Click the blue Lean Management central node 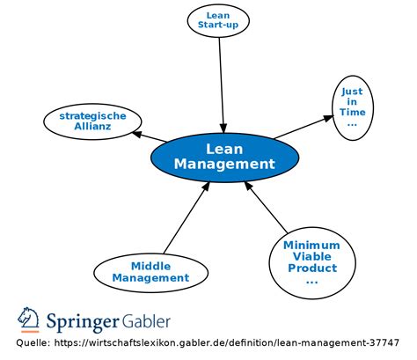223,157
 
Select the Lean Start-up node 218,21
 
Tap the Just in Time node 352,107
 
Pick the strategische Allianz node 92,122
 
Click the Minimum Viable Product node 311,261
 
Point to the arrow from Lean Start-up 222,84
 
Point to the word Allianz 92,128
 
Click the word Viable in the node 311,256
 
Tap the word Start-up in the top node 218,26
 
